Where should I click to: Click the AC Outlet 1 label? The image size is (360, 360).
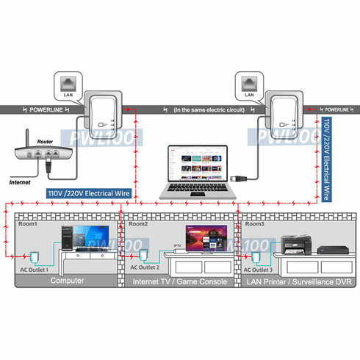(x=34, y=270)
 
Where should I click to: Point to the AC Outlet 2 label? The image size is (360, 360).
(x=146, y=270)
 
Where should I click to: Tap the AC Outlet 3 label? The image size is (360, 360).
(x=261, y=270)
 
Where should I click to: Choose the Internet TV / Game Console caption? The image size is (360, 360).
(x=178, y=280)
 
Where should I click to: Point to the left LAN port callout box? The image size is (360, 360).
(x=68, y=87)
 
